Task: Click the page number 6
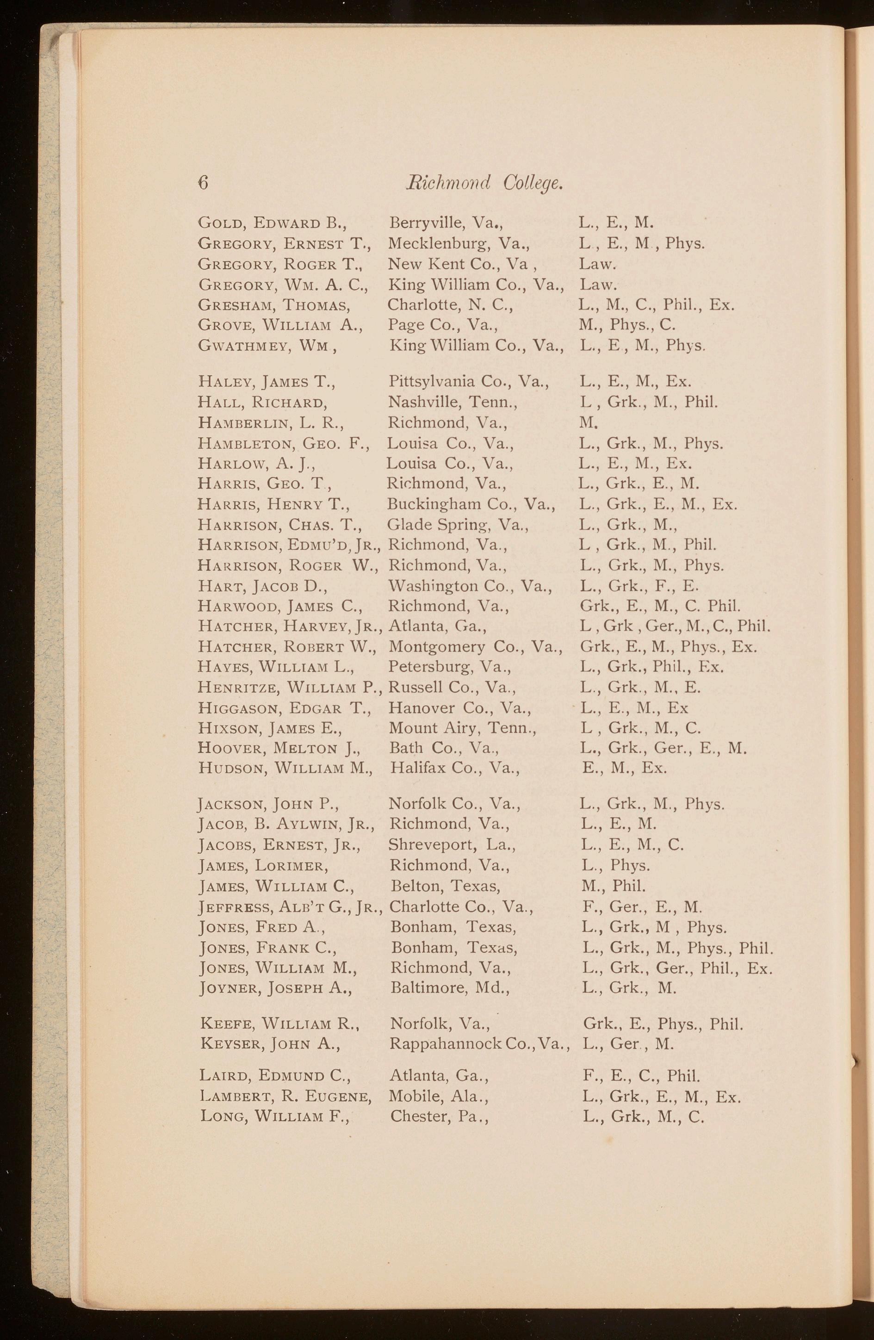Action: coord(203,183)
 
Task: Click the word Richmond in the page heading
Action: coord(448,182)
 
